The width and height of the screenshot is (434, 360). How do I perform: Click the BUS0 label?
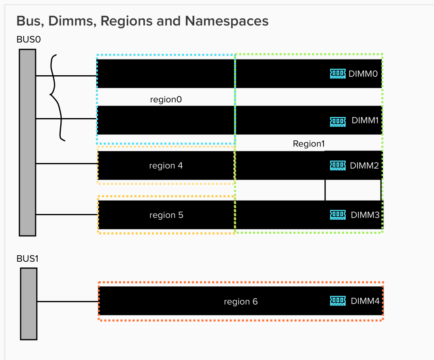(x=28, y=40)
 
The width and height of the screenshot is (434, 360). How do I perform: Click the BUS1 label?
(x=28, y=258)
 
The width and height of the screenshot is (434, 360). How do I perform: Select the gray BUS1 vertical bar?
(x=28, y=303)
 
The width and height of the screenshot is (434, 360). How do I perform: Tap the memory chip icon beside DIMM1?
(x=338, y=121)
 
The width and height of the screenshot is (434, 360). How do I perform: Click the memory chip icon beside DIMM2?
(x=338, y=165)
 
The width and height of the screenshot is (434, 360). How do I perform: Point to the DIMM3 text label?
(x=365, y=215)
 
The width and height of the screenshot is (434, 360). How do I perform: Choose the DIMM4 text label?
(x=365, y=301)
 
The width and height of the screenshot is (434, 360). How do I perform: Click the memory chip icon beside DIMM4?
(x=338, y=301)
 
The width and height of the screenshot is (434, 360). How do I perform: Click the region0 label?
(x=166, y=100)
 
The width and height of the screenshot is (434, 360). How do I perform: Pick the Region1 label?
(x=309, y=144)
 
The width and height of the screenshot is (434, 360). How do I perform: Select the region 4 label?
(x=166, y=165)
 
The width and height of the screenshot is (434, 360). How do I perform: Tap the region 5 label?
(x=166, y=215)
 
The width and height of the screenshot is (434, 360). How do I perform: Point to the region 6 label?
(x=241, y=302)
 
